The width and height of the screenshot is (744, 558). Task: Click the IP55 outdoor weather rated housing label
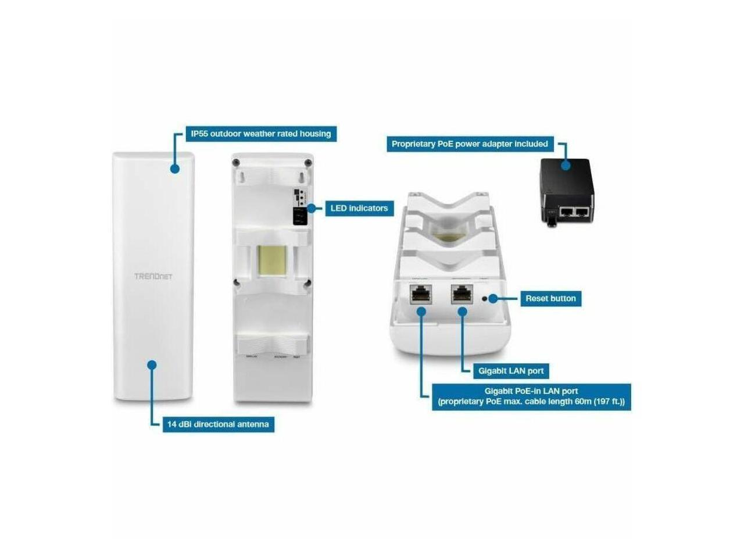pos(260,134)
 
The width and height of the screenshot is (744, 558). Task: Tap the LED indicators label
pos(359,208)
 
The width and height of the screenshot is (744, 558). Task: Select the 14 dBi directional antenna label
pos(218,424)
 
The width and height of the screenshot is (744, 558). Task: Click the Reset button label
pos(550,299)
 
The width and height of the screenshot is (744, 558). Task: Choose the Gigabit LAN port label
pos(511,371)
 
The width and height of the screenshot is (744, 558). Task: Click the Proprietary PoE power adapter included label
pos(470,144)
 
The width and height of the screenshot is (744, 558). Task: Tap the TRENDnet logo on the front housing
pos(153,276)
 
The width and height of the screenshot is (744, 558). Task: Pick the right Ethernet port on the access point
pos(462,295)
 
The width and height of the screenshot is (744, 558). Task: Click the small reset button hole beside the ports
pos(485,299)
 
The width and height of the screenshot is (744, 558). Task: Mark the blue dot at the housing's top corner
pos(174,169)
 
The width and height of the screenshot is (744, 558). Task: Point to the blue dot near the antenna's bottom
pos(152,365)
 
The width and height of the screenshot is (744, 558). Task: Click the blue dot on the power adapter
pos(565,164)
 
